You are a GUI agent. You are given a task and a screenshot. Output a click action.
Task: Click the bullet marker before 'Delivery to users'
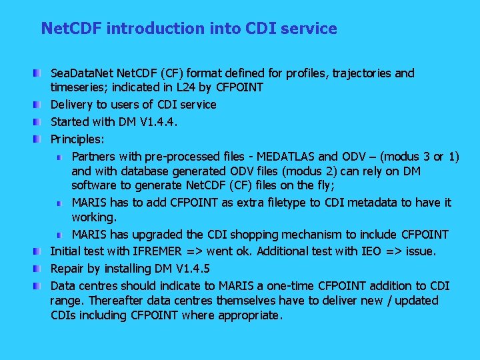click(42, 105)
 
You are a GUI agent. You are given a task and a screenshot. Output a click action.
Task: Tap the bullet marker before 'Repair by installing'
click(42, 269)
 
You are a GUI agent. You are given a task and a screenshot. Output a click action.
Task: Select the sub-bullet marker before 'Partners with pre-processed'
click(60, 157)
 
